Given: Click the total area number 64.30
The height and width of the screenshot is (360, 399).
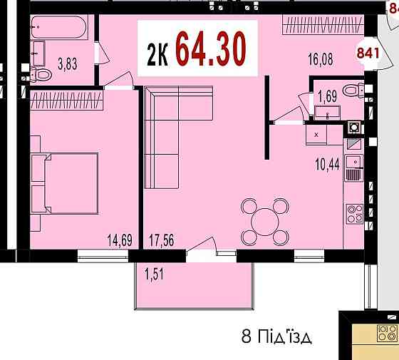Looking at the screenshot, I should click(x=211, y=48).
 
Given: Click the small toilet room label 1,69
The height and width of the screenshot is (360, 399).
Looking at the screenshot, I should click(x=327, y=94).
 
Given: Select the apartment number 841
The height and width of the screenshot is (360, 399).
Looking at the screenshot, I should click(x=368, y=51).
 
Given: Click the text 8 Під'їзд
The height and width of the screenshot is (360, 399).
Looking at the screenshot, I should click(x=277, y=336).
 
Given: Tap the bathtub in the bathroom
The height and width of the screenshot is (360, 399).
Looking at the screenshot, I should click(x=58, y=29).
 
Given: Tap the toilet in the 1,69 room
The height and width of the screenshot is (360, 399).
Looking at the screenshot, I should click(x=351, y=91).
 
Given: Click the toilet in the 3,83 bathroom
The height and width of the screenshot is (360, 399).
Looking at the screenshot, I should click(x=43, y=75).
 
